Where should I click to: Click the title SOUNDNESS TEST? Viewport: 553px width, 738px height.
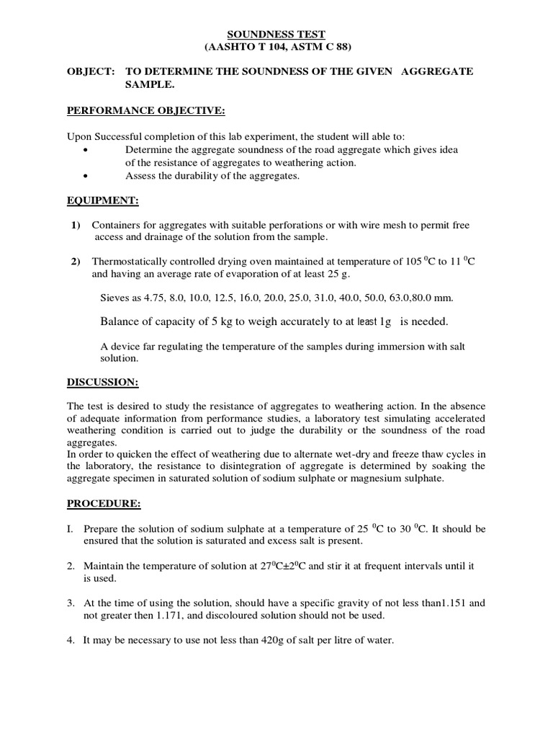point(276,34)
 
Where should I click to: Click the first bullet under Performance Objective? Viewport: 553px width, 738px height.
point(86,150)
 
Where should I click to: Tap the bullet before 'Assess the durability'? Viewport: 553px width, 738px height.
point(86,176)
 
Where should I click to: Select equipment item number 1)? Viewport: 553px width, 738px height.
point(75,226)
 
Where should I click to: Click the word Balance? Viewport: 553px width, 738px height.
point(120,321)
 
